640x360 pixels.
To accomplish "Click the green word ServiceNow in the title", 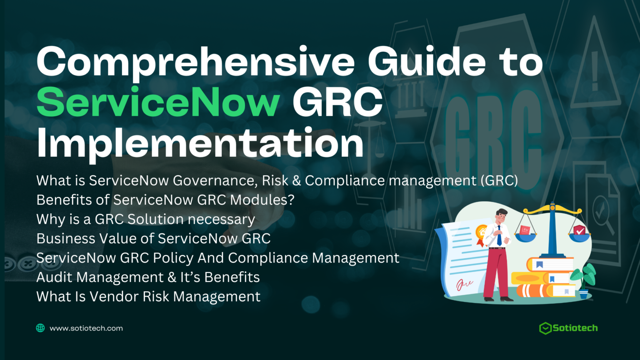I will (x=158, y=102).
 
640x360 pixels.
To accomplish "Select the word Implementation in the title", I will (x=200, y=144).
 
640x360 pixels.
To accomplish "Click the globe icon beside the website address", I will (x=40, y=328).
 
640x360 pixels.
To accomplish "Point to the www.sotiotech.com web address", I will (x=86, y=328).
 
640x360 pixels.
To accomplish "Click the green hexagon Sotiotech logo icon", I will (x=545, y=328).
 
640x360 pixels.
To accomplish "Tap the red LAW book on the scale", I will (x=525, y=230).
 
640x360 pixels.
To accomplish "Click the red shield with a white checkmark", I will (x=579, y=230).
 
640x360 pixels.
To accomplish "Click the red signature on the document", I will (x=464, y=284).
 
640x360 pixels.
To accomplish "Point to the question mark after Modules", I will (x=290, y=200).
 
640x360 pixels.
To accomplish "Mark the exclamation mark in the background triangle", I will (x=595, y=71).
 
